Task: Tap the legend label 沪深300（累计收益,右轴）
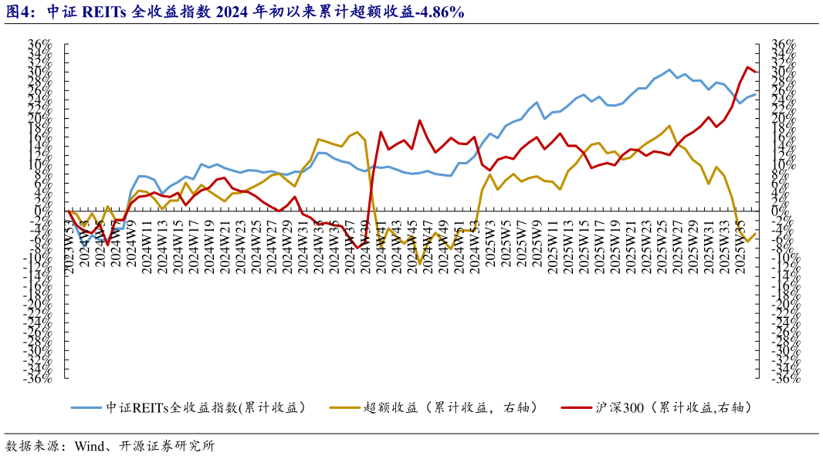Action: coord(672,407)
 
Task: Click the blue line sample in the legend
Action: coord(86,407)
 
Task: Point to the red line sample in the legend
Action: coord(577,407)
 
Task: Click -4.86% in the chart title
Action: coord(439,12)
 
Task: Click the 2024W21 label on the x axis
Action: coord(224,244)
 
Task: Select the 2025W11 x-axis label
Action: coord(553,244)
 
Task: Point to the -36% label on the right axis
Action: coord(781,378)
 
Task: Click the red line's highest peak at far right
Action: coord(747,67)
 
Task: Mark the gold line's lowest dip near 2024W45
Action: coord(420,264)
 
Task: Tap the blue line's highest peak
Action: coord(669,69)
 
